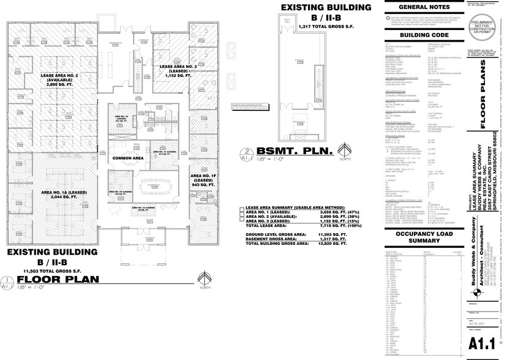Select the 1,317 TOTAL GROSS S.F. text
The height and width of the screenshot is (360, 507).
point(325,28)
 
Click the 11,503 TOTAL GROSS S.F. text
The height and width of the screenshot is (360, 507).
point(52,270)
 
